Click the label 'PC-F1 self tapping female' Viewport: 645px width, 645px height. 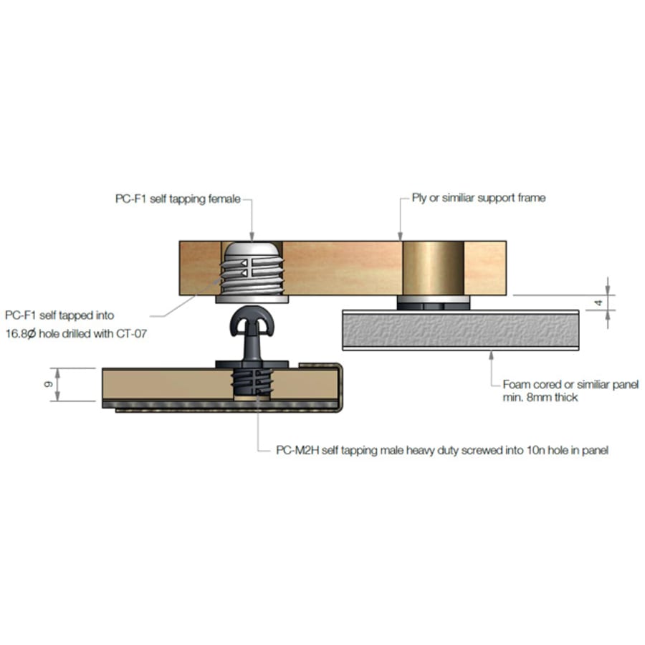(178, 199)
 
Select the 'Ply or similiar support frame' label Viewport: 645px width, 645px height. (479, 198)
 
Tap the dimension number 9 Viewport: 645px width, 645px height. (49, 384)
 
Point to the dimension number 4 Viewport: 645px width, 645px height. (598, 302)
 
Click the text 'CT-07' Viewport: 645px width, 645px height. (132, 333)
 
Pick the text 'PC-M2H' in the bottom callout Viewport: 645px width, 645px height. (297, 451)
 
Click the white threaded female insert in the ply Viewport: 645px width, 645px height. (252, 268)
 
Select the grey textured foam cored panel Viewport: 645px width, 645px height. (461, 330)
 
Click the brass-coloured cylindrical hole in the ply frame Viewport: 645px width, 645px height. (433, 268)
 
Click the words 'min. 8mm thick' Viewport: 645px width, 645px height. (540, 397)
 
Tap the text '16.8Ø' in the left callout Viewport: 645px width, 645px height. (21, 333)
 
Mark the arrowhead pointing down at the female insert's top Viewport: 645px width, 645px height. (252, 236)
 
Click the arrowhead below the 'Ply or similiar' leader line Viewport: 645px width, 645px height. (400, 236)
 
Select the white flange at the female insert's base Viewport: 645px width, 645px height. (252, 299)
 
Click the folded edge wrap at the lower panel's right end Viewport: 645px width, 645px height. (340, 387)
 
